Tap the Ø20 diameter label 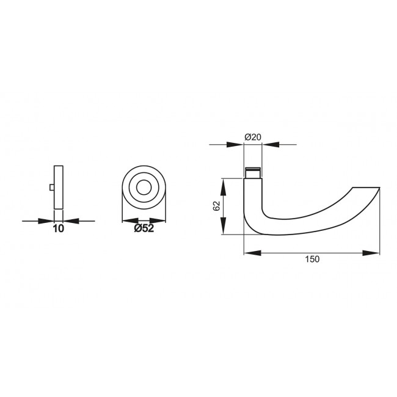pyautogui.click(x=253, y=137)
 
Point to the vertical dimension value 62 pyautogui.click(x=216, y=206)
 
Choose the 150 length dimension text pyautogui.click(x=311, y=260)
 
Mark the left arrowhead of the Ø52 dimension pyautogui.click(x=128, y=220)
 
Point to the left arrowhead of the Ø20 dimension pyautogui.click(x=237, y=145)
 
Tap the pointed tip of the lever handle pyautogui.click(x=379, y=188)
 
